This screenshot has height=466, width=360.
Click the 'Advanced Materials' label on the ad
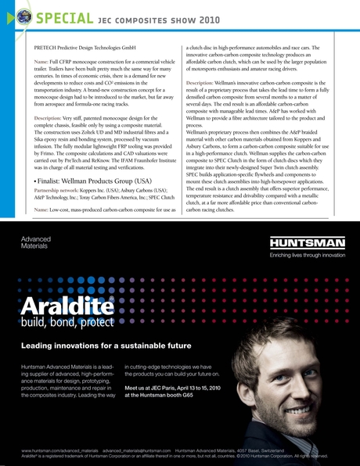tap(35, 242)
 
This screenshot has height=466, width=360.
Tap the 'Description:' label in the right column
tap(206, 82)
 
